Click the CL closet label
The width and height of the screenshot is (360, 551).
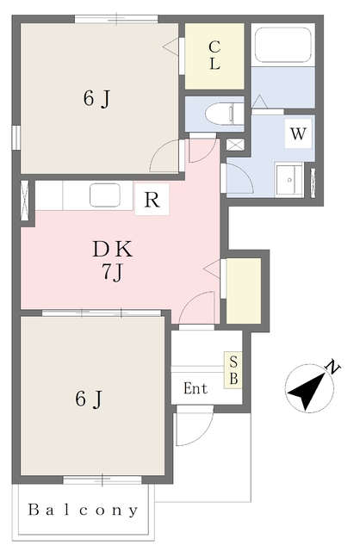coord(214,55)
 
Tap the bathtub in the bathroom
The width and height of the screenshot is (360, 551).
coord(283,45)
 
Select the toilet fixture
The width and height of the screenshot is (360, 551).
coord(224,113)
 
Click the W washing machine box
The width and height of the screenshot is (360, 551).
coord(298,133)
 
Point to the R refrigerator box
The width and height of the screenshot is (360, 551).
coord(152,199)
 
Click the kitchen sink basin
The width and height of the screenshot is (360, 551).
coord(105,195)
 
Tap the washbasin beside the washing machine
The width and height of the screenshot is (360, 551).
coord(289,180)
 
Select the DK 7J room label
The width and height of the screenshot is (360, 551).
coord(113,260)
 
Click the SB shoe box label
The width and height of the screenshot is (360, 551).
coord(233,370)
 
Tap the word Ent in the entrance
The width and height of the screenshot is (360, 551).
coord(196,388)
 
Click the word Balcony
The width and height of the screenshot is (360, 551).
coord(83,511)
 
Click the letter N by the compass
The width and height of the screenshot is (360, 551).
coord(333,368)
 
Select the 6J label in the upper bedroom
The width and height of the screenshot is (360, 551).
coord(97,98)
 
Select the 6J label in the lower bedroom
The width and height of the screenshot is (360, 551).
coord(89,399)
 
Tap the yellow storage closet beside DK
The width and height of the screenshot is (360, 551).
coord(244,291)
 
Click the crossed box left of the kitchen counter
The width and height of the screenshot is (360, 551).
coord(25,201)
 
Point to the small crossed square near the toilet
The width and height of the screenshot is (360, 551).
coord(235,145)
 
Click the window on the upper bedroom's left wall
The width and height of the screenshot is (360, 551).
coord(16,138)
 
